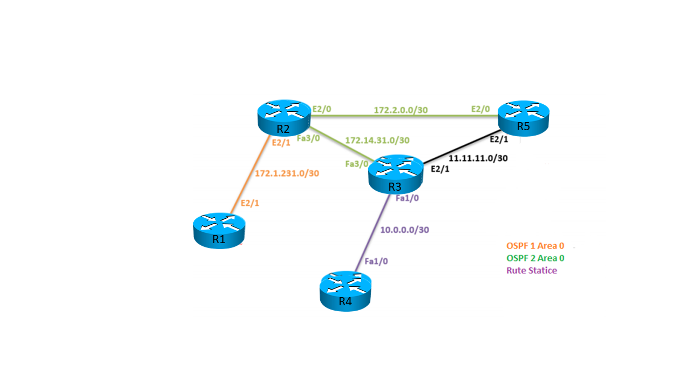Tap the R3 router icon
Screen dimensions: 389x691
click(395, 174)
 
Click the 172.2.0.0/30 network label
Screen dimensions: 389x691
click(401, 110)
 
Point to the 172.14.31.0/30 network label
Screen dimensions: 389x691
click(377, 140)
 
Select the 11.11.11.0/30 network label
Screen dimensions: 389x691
click(478, 158)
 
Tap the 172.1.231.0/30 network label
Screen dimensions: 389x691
click(287, 173)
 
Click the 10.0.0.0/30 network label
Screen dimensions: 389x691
click(404, 230)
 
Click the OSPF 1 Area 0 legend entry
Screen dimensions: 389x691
click(535, 246)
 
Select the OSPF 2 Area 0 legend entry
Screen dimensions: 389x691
click(535, 258)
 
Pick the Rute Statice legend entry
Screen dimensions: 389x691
click(531, 271)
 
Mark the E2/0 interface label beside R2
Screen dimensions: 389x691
click(322, 109)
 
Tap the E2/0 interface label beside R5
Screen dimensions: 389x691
click(480, 109)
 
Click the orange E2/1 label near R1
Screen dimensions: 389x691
click(250, 203)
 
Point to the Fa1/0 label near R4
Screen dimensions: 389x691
click(376, 261)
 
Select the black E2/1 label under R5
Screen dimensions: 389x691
click(498, 139)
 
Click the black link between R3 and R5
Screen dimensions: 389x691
click(459, 147)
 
